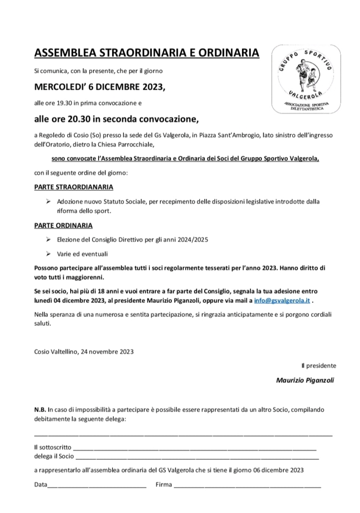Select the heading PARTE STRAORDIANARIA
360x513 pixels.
pos(74,187)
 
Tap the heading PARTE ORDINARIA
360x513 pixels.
pos(63,225)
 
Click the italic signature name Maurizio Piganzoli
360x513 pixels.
pos(305,380)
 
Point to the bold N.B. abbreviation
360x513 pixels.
pos(40,409)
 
